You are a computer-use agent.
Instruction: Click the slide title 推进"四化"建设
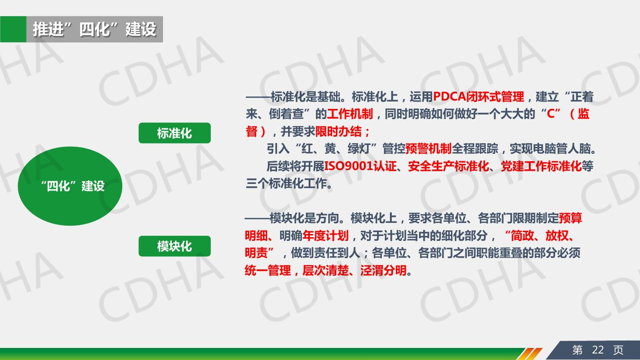point(94,29)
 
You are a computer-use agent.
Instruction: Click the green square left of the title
point(13,29)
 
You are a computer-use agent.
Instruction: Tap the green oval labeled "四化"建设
point(70,186)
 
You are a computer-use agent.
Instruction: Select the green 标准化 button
point(175,133)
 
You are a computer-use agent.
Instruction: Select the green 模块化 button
point(175,246)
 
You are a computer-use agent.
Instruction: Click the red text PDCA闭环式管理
point(478,97)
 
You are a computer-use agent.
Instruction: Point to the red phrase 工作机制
point(350,114)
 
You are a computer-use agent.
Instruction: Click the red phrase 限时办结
point(338,132)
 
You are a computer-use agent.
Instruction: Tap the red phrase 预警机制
point(428,149)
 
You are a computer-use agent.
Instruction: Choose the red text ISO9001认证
point(360,166)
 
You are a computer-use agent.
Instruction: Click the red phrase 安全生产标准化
point(449,166)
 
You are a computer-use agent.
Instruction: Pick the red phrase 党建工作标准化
point(541,166)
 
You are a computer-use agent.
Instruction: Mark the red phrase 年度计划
point(326,236)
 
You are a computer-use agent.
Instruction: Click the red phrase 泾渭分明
point(383,270)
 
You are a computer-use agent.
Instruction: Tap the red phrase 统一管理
point(268,270)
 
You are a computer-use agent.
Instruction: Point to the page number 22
point(598,350)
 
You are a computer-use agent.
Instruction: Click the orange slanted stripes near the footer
point(530,354)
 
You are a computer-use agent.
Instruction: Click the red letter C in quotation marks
point(550,114)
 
